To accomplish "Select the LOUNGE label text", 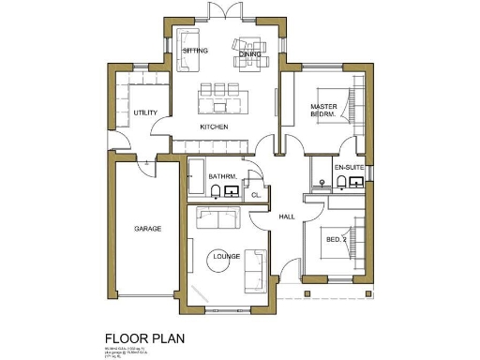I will click(226, 255).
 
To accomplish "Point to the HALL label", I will click(287, 217).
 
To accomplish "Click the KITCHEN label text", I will click(215, 127).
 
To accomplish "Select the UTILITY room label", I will click(145, 112).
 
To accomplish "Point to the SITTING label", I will click(195, 49).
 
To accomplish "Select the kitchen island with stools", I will click(220, 96).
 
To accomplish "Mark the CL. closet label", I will click(255, 194).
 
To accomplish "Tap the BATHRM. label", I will click(222, 176).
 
